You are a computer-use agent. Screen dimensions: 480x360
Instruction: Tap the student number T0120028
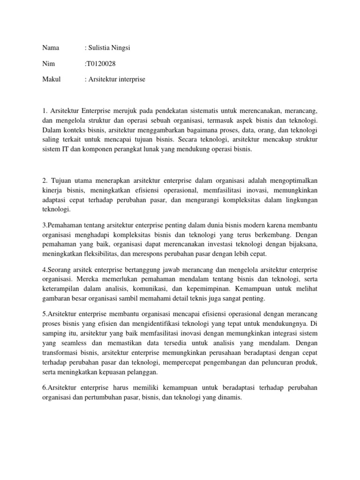pyautogui.click(x=100, y=63)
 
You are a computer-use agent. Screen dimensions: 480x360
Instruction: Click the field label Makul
pyautogui.click(x=52, y=79)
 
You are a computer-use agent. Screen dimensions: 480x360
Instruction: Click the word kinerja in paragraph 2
pyautogui.click(x=52, y=190)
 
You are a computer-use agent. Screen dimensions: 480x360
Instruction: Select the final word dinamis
pyautogui.click(x=229, y=397)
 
